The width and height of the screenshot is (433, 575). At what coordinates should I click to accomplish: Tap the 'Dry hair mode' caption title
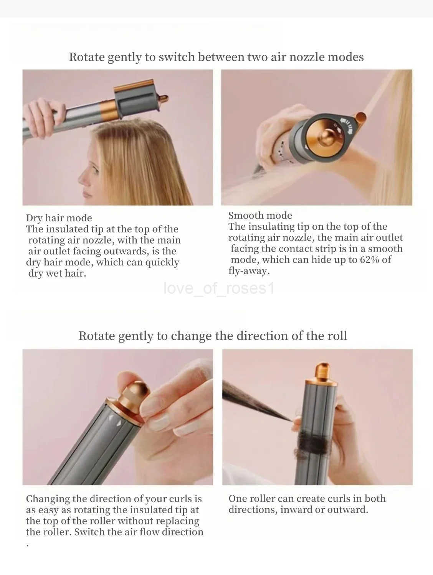point(59,218)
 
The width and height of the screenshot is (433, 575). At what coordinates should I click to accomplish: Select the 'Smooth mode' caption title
point(260,215)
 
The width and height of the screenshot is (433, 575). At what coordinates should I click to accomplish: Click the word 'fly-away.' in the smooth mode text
point(249,271)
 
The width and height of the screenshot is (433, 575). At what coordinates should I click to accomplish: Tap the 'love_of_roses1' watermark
point(219,288)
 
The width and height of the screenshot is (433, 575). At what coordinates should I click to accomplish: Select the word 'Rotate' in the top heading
point(87,57)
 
